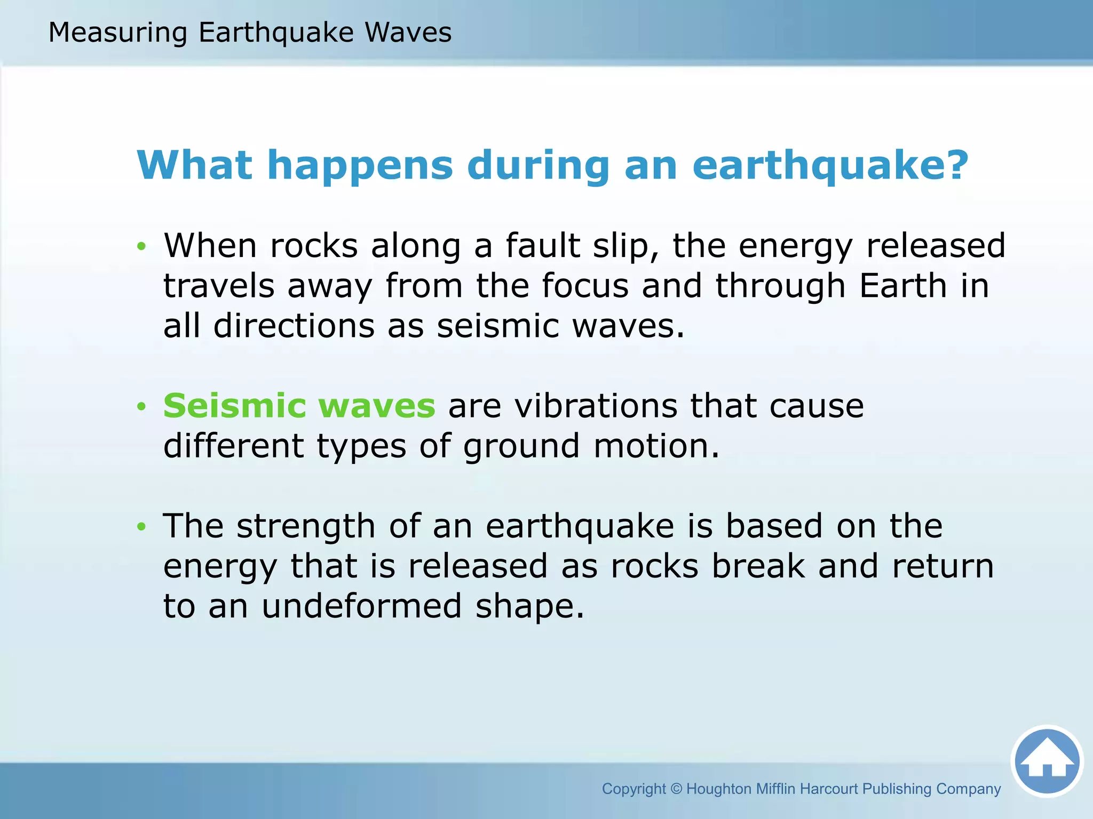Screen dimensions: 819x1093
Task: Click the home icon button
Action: tap(1047, 761)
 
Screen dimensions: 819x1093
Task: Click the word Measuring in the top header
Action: tap(117, 33)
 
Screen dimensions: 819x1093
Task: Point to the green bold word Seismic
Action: tap(235, 406)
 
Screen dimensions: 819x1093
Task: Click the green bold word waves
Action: tap(377, 406)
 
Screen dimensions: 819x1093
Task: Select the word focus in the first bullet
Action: tap(585, 286)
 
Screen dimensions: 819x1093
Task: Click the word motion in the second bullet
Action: tap(656, 446)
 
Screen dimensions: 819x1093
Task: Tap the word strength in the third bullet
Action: tap(306, 527)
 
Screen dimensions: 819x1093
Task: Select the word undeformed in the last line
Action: tap(361, 607)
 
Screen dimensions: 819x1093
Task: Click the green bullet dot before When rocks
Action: tap(141, 246)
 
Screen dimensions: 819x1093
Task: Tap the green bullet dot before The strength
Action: tap(141, 527)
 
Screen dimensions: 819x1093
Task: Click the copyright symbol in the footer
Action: tap(676, 789)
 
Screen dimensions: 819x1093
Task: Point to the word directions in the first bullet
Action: tap(294, 326)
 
